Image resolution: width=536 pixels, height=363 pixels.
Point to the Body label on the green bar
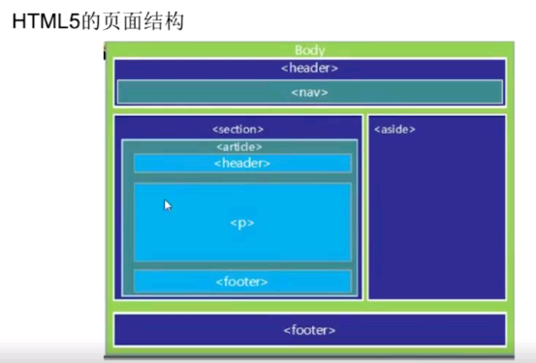pyautogui.click(x=309, y=50)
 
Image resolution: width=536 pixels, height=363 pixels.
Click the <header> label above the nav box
pyautogui.click(x=309, y=68)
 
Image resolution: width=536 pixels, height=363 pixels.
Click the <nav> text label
pyautogui.click(x=309, y=92)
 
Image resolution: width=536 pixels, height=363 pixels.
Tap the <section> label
pyautogui.click(x=237, y=129)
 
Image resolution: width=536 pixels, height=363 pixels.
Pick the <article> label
pyautogui.click(x=238, y=146)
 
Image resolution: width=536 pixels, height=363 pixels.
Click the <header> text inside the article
pyautogui.click(x=241, y=163)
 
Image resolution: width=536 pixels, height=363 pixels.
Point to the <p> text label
pyautogui.click(x=241, y=223)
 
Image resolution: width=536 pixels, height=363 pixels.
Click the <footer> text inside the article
pyautogui.click(x=241, y=282)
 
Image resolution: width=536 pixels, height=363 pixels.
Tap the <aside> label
pyautogui.click(x=394, y=129)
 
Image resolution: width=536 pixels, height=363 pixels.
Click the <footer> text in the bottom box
pyautogui.click(x=309, y=330)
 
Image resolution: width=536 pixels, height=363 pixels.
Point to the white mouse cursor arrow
pyautogui.click(x=168, y=205)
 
